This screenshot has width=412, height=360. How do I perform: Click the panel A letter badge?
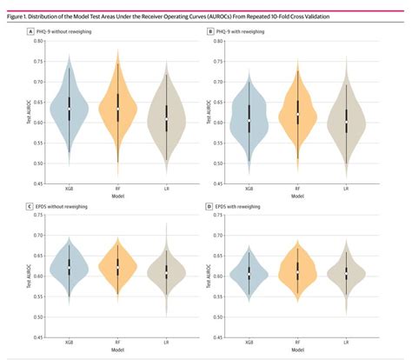(x=32, y=31)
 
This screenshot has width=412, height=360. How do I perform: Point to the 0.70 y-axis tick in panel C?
(x=39, y=235)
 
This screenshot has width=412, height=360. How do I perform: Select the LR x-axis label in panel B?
(x=346, y=189)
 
